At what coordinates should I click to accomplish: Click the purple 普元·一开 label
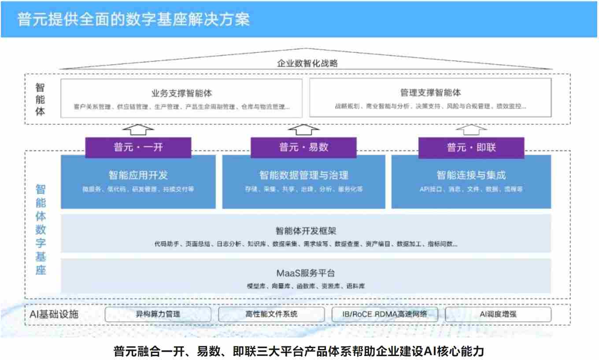click(x=138, y=148)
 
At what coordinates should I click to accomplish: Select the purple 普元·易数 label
click(x=303, y=148)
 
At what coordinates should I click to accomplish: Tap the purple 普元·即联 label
click(x=471, y=148)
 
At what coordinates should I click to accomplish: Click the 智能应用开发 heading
click(x=138, y=175)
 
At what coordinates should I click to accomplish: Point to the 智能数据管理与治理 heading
click(x=303, y=175)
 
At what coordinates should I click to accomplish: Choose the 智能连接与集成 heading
click(x=471, y=175)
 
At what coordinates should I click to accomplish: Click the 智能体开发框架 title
click(x=306, y=230)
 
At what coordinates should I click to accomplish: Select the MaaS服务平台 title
click(x=306, y=273)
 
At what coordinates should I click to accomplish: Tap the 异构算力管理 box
click(x=158, y=314)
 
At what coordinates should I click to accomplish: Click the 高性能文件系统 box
click(x=271, y=314)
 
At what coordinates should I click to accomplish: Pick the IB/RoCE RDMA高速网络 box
click(x=385, y=314)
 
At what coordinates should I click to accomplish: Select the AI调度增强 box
click(x=498, y=314)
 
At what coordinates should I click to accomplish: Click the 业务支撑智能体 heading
click(x=181, y=93)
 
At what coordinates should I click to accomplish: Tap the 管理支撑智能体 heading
click(x=430, y=93)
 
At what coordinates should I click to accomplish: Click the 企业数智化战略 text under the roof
click(x=307, y=63)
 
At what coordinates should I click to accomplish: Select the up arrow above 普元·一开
click(x=138, y=130)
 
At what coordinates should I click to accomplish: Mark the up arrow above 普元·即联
click(x=471, y=130)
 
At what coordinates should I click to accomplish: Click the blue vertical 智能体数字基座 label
click(x=41, y=229)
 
